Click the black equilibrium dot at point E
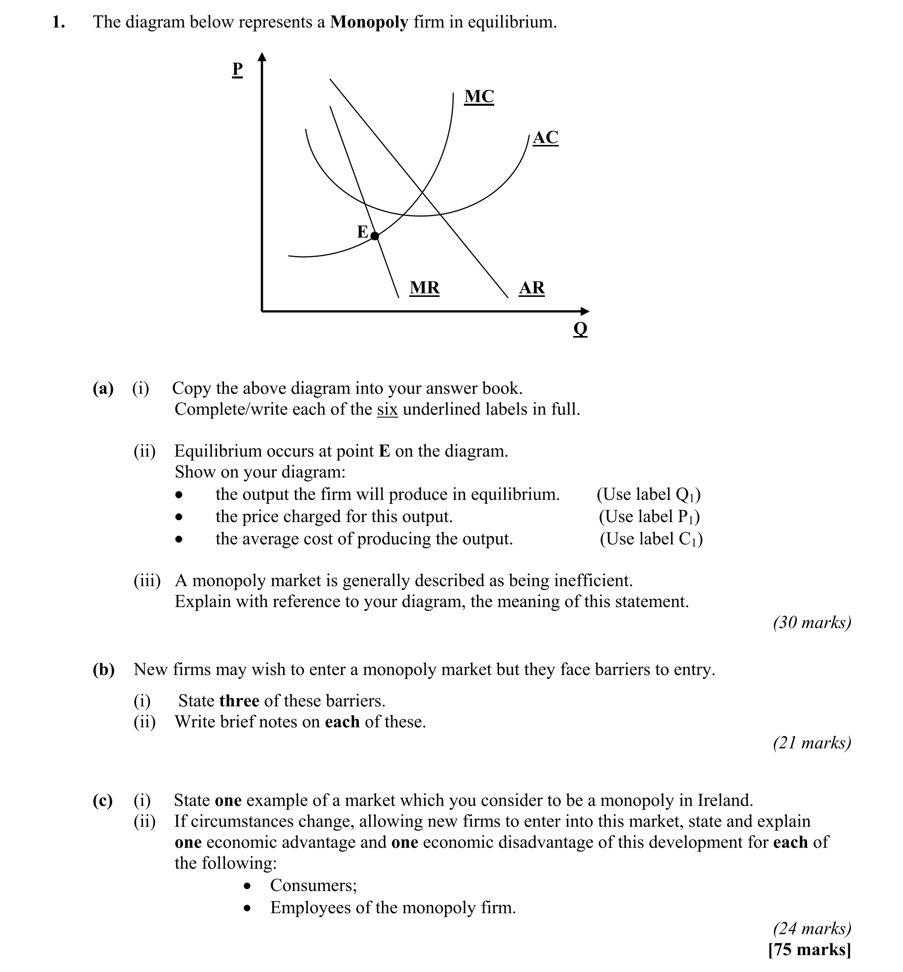tap(375, 236)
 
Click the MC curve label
tap(479, 96)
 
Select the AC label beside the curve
tap(545, 138)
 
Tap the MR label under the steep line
tap(424, 288)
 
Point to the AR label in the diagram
tap(531, 288)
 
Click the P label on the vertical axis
tap(237, 69)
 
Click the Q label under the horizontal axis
tap(580, 329)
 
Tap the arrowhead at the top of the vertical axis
tap(262, 57)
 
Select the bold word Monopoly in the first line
tap(369, 22)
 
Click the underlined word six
tap(387, 409)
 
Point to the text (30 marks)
tap(812, 622)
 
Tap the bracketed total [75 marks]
tap(809, 949)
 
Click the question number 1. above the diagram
tap(59, 22)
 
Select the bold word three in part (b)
tap(239, 700)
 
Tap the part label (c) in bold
tap(103, 800)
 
